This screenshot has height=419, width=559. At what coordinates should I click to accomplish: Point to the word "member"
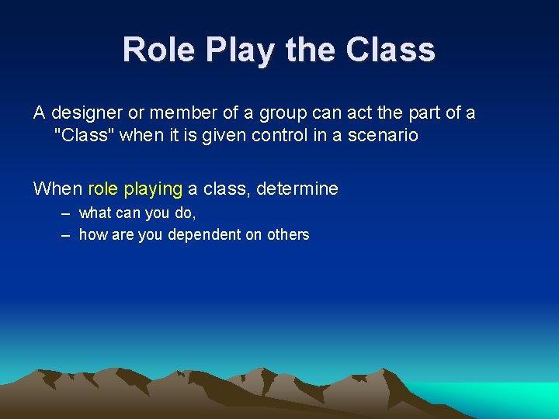click(x=186, y=113)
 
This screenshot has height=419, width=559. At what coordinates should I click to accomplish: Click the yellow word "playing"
click(x=153, y=189)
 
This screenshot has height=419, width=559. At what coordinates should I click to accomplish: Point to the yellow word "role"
click(x=103, y=189)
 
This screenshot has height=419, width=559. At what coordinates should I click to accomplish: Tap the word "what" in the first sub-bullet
click(x=95, y=213)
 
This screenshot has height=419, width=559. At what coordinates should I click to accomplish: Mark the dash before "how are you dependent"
click(x=65, y=234)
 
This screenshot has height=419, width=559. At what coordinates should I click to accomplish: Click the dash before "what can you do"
click(x=65, y=213)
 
